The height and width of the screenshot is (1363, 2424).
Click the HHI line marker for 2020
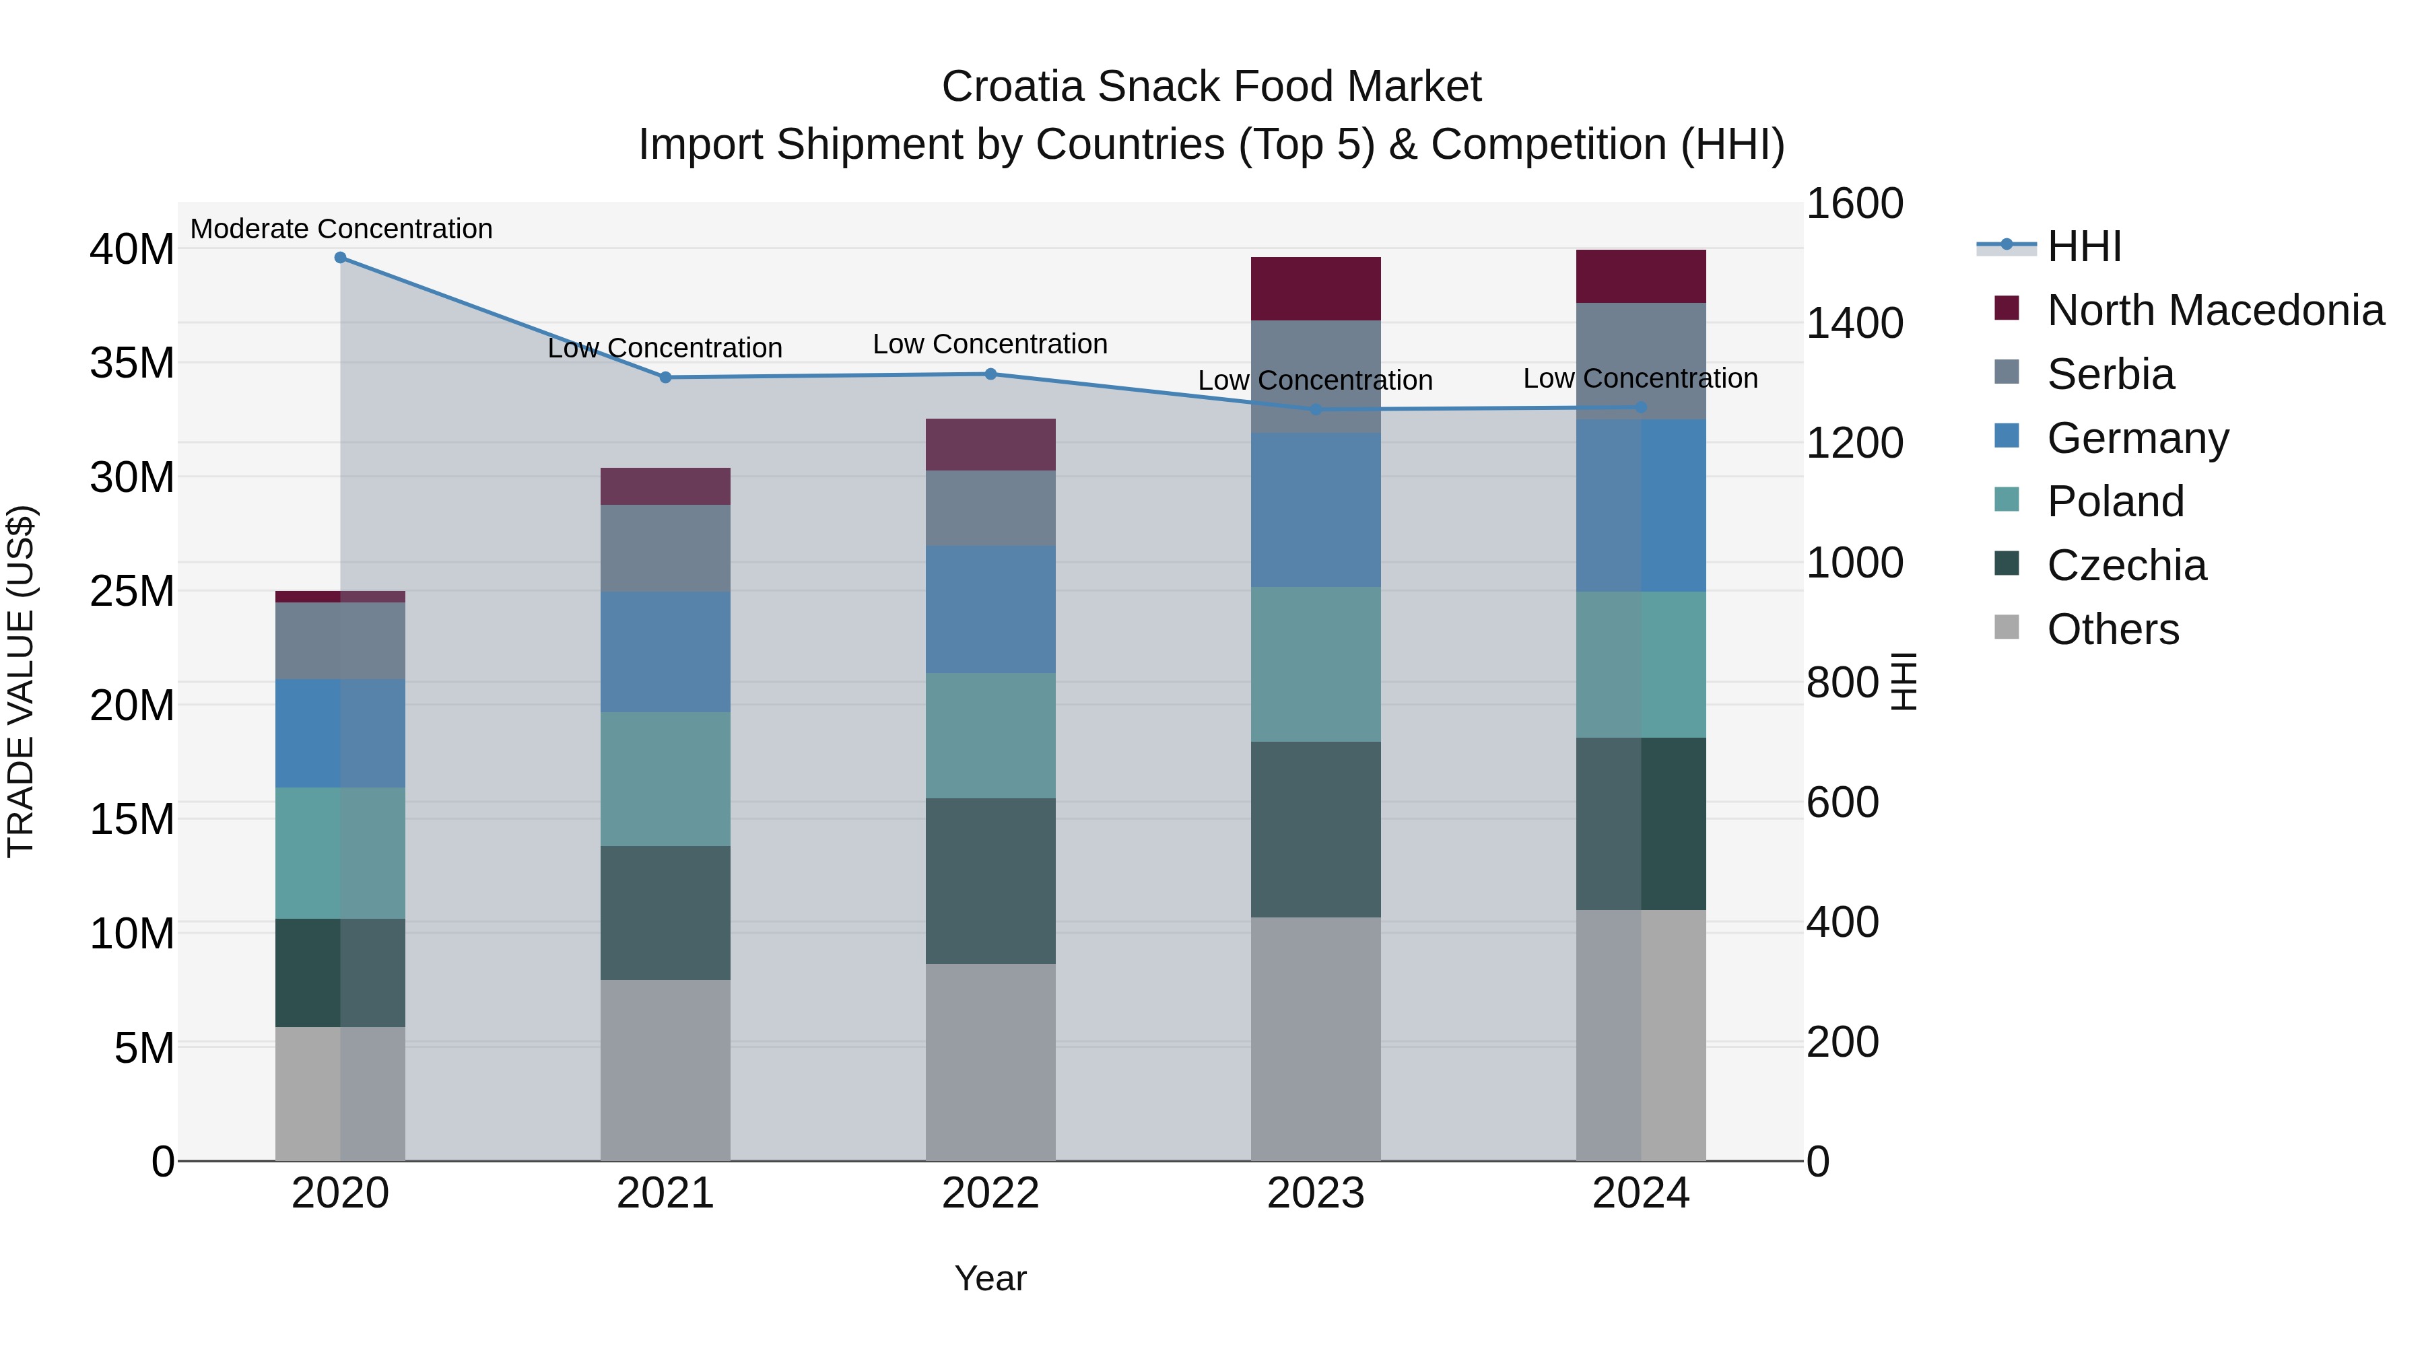coord(341,258)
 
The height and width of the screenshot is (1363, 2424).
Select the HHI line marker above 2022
coord(990,374)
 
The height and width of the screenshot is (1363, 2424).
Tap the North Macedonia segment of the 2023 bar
coord(1316,289)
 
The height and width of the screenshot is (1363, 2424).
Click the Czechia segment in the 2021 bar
coord(665,913)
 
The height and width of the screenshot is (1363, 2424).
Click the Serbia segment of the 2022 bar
coord(990,508)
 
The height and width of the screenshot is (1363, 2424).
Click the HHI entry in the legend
coord(2083,246)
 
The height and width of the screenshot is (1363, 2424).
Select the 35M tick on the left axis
coord(132,363)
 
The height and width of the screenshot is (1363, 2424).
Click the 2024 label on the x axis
coord(1640,1193)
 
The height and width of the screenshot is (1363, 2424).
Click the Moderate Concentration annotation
coord(341,229)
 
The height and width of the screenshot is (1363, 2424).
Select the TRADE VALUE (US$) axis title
coord(21,681)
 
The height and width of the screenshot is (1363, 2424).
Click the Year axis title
coord(990,1278)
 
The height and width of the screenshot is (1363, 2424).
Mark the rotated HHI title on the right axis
coord(1903,681)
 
